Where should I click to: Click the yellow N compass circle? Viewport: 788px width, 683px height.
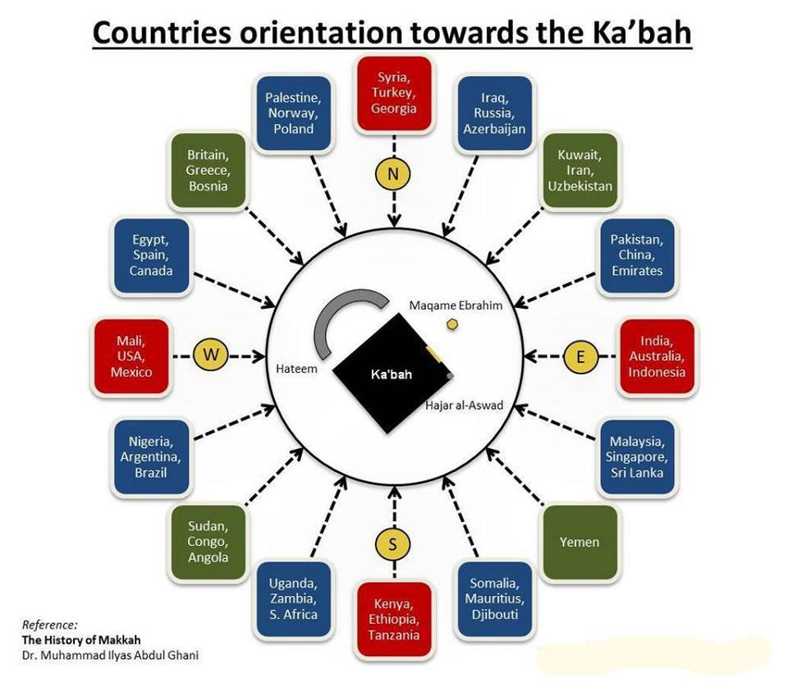point(393,174)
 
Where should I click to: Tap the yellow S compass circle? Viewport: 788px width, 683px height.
point(393,543)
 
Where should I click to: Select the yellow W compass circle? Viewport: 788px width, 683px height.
point(211,355)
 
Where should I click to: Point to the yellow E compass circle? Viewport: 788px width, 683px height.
point(580,356)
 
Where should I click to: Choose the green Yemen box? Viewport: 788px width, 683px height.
point(580,543)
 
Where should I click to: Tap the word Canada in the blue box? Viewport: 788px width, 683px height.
point(151,271)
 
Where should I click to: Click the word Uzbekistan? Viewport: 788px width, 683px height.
point(580,186)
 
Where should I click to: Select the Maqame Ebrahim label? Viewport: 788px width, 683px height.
point(456,305)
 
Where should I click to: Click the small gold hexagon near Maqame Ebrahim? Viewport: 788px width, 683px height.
point(453,324)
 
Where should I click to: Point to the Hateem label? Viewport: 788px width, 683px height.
point(296,369)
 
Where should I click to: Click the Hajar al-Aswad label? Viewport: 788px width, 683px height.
point(464,405)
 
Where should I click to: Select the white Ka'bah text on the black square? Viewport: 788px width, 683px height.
point(391,374)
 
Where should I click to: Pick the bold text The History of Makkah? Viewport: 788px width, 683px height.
point(81,639)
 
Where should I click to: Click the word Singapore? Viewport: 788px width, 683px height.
point(637,457)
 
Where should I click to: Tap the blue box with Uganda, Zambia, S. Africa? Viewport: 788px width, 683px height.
point(294,599)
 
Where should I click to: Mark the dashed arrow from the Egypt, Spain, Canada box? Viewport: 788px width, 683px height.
point(234,289)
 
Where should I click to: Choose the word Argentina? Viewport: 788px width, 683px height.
point(150,457)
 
